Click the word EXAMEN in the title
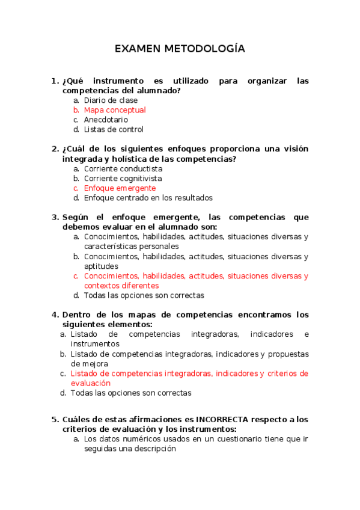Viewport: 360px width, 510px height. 136,49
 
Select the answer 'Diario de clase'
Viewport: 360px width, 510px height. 111,100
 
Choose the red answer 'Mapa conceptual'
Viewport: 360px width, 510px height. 115,110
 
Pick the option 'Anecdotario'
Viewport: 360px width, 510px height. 106,120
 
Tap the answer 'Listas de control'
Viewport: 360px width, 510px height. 114,129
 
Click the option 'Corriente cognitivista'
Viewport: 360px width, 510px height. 123,179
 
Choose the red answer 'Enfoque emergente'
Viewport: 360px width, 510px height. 120,188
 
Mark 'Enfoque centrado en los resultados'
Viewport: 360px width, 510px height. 148,198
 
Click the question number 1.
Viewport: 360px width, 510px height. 55,81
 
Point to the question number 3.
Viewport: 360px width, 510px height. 55,217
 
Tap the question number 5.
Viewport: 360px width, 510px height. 55,419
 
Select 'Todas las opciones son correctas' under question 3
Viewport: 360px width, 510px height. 144,295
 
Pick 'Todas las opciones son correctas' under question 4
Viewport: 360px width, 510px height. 130,393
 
